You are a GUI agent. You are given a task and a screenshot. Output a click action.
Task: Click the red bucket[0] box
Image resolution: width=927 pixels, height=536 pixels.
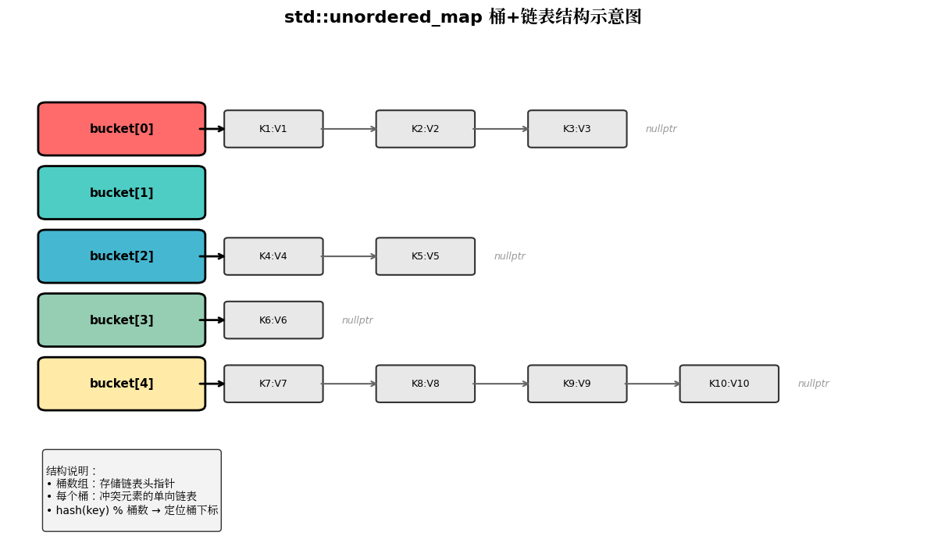121,129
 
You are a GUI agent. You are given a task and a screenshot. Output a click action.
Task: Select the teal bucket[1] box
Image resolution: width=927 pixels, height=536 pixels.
121,193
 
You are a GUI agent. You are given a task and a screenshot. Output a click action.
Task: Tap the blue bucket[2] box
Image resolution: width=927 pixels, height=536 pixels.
121,256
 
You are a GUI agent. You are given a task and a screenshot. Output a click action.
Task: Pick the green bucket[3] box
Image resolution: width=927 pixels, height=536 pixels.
121,320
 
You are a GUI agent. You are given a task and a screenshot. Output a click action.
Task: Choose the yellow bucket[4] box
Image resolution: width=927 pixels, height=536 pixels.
121,384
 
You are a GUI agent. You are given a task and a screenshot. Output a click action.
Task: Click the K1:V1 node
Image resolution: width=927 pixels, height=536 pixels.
273,129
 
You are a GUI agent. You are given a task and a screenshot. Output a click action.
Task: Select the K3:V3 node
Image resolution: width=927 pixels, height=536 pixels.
577,129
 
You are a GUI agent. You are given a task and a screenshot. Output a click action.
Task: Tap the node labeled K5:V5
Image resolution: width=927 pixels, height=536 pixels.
426,256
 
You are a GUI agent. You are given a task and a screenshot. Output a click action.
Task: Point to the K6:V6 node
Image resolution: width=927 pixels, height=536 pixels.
273,320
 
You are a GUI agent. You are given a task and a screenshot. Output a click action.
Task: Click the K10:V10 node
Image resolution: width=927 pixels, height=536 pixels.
729,384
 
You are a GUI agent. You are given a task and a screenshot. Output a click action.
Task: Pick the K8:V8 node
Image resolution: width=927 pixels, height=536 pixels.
426,384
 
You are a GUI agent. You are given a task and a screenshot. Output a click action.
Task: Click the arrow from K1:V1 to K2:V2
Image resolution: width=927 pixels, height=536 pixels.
350,129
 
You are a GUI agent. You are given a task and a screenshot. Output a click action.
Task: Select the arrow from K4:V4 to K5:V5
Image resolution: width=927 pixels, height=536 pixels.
350,256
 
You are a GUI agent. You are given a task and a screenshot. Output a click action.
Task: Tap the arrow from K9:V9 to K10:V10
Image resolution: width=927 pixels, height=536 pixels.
654,384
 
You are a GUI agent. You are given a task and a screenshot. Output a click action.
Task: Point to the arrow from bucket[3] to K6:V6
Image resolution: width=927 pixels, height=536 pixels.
213,320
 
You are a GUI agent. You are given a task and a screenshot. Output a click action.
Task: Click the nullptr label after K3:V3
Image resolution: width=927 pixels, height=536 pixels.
661,129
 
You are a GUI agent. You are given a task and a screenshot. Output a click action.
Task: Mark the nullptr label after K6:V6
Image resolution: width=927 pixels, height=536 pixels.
357,320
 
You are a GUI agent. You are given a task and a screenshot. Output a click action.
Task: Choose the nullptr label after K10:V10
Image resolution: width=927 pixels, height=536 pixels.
813,384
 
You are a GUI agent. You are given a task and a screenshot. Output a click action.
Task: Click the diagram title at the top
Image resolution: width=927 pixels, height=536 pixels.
462,17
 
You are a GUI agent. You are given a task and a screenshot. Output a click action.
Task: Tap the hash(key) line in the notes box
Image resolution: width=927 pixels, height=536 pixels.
132,510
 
